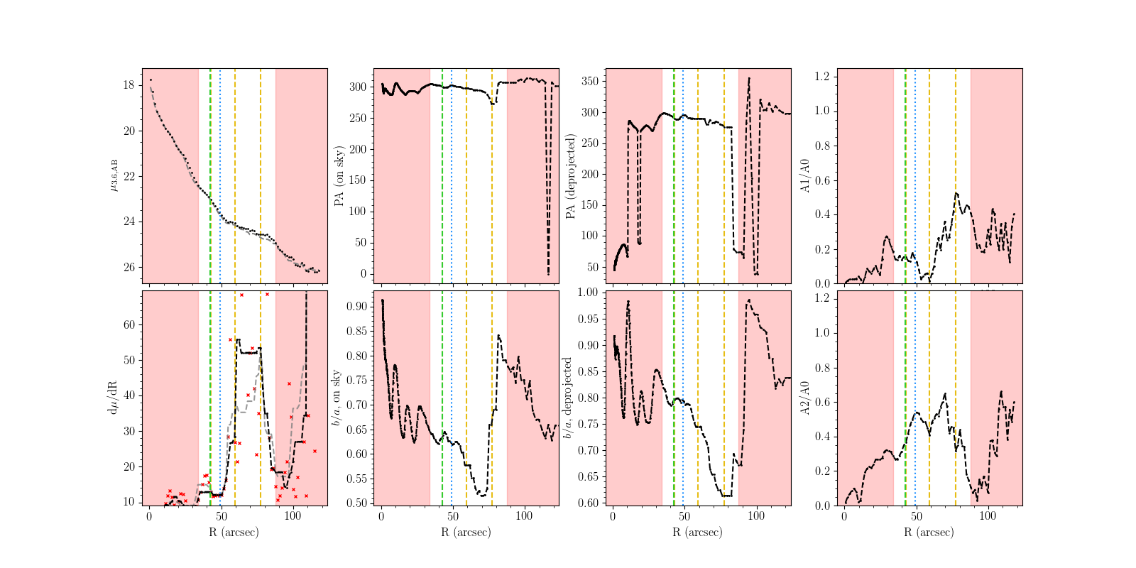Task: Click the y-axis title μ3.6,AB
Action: click(x=113, y=175)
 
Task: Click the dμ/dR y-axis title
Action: click(x=113, y=398)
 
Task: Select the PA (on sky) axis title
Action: click(x=339, y=176)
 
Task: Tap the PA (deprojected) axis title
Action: click(x=571, y=176)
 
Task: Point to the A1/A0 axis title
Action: click(x=805, y=176)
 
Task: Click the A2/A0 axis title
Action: click(x=805, y=398)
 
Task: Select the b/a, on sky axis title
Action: click(x=337, y=398)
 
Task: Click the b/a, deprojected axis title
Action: click(x=568, y=398)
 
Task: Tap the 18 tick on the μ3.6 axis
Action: click(x=129, y=85)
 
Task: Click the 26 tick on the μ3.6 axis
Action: click(x=129, y=268)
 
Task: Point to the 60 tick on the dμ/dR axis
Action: click(x=129, y=325)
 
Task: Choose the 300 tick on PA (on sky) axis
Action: click(x=357, y=87)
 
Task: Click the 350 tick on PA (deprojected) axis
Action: click(x=589, y=81)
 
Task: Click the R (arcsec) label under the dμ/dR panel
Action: click(x=234, y=532)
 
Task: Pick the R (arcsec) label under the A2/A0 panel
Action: click(x=929, y=532)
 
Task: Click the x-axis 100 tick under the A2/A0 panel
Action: click(x=988, y=516)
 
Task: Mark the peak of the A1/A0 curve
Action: click(x=956, y=193)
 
